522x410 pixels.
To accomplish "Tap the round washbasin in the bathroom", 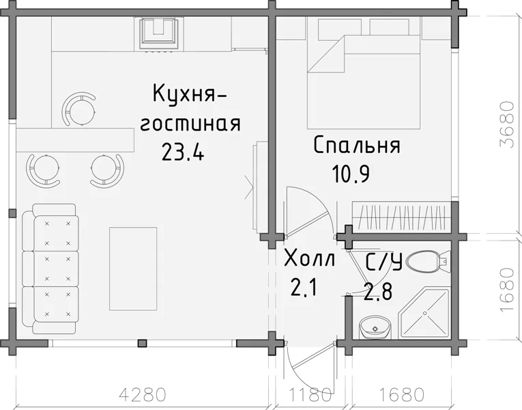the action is click(x=375, y=327).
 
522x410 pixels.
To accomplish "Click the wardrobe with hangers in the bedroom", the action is click(x=402, y=217).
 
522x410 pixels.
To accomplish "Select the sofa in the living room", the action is click(x=50, y=269).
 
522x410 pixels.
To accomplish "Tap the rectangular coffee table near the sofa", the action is click(x=133, y=269).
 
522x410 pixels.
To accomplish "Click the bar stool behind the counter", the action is click(x=81, y=109).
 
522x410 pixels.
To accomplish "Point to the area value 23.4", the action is click(x=182, y=152).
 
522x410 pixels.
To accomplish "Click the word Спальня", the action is click(x=357, y=146).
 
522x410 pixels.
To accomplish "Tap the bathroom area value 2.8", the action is click(x=378, y=291).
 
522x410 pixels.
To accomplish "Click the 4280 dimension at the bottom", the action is click(x=143, y=395).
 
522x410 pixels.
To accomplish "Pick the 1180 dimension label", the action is click(x=310, y=395).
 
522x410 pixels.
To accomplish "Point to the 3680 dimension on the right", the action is click(x=507, y=124).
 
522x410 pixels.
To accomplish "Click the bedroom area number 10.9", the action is click(x=351, y=174).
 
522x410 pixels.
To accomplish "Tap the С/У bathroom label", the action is click(x=384, y=262).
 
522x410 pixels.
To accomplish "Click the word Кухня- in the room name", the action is click(x=190, y=94).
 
